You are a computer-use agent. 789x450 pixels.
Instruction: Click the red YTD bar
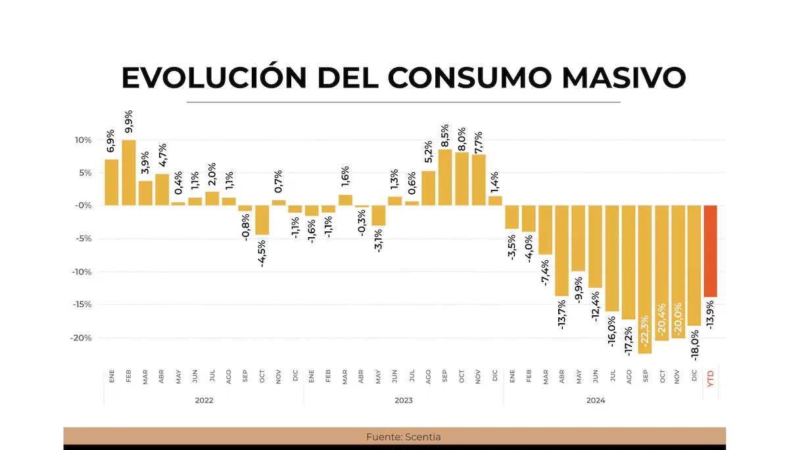click(x=710, y=251)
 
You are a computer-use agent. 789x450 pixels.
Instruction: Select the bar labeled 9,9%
click(x=129, y=172)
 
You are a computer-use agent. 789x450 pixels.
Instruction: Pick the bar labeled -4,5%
click(x=262, y=220)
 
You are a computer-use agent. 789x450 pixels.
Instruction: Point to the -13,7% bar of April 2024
click(x=562, y=250)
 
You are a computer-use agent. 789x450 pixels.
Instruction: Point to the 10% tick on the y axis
click(x=83, y=140)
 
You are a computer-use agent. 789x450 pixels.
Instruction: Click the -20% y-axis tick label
click(x=81, y=338)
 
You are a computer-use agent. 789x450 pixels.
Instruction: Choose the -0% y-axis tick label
click(x=84, y=206)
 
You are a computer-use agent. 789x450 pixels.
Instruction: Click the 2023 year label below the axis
click(x=404, y=399)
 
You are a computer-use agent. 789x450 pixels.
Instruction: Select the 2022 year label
click(x=204, y=399)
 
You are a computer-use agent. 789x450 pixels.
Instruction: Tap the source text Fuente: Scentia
click(x=394, y=436)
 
